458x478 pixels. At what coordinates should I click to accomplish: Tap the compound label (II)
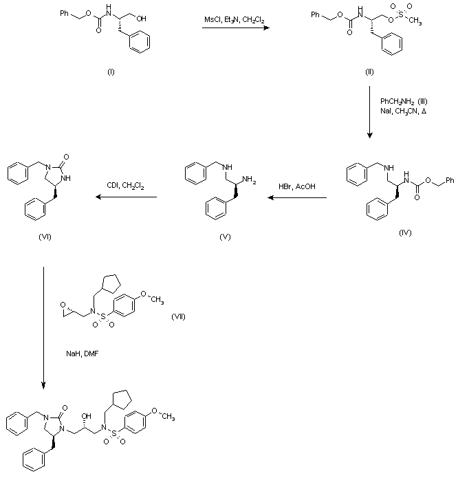(369, 72)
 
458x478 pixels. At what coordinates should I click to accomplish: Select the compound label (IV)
(405, 233)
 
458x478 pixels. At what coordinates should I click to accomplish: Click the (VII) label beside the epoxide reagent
(177, 317)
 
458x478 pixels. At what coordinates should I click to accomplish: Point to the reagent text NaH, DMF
(78, 352)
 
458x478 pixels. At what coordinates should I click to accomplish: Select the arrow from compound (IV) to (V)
(297, 198)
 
